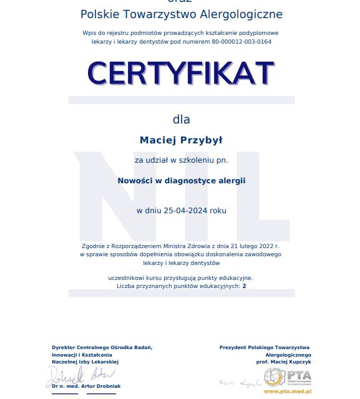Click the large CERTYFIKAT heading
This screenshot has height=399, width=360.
click(181, 73)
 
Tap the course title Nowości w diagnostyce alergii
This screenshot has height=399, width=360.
click(181, 181)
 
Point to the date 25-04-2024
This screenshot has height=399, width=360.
click(185, 211)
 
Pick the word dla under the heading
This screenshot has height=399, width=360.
click(181, 119)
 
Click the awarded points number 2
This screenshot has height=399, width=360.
click(245, 286)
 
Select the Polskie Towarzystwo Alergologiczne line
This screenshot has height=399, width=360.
click(181, 14)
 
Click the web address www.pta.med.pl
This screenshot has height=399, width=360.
click(287, 391)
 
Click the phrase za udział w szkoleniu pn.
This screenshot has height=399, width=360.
click(181, 160)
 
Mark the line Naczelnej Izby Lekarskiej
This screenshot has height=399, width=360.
click(85, 362)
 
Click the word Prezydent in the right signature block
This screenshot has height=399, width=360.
click(236, 347)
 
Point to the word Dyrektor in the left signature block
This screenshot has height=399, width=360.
click(66, 347)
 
